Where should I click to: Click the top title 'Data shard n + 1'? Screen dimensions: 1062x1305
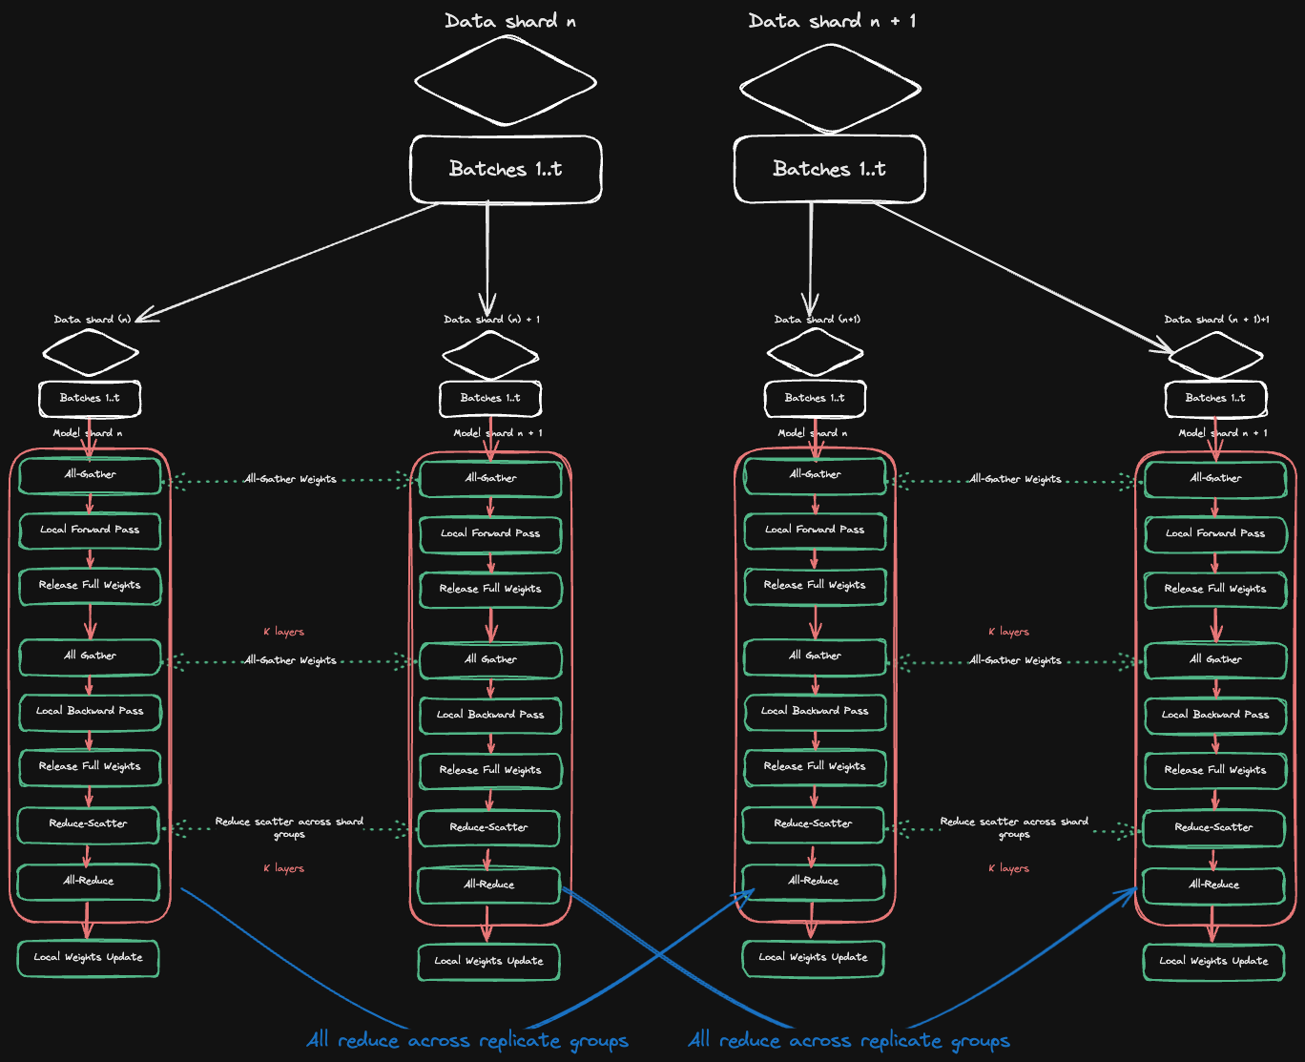click(x=832, y=21)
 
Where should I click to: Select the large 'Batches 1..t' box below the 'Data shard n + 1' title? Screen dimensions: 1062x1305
click(x=829, y=169)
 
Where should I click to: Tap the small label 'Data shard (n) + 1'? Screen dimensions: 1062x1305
click(x=491, y=319)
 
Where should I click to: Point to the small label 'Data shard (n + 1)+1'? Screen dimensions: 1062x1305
click(x=1216, y=319)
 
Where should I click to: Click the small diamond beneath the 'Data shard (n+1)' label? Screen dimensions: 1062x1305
click(x=815, y=353)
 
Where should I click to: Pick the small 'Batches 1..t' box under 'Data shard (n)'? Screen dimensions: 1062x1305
click(x=90, y=398)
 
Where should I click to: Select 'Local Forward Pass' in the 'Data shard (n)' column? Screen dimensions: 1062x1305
click(x=90, y=530)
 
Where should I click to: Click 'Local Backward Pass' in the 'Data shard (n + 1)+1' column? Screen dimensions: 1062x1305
click(x=1215, y=715)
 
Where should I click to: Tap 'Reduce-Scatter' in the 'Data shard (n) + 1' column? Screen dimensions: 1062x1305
click(x=489, y=827)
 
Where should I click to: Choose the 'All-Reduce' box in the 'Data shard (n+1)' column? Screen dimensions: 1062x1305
click(x=814, y=881)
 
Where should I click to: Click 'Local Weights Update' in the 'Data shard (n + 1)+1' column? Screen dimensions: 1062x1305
click(x=1214, y=961)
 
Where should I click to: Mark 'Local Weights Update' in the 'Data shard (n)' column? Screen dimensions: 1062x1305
click(x=89, y=957)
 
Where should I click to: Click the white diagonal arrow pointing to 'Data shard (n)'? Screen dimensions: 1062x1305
click(x=286, y=261)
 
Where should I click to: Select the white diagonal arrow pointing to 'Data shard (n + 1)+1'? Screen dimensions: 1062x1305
click(x=1021, y=277)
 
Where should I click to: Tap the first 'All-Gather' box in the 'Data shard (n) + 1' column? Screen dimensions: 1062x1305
click(x=490, y=478)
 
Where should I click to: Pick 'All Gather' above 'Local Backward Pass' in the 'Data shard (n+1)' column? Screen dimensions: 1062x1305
click(x=815, y=656)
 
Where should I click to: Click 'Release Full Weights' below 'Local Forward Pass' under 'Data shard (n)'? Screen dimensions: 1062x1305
click(x=90, y=585)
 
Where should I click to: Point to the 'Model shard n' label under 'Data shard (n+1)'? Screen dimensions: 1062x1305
click(x=813, y=433)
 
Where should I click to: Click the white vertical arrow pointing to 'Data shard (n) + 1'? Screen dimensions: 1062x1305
click(x=487, y=258)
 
